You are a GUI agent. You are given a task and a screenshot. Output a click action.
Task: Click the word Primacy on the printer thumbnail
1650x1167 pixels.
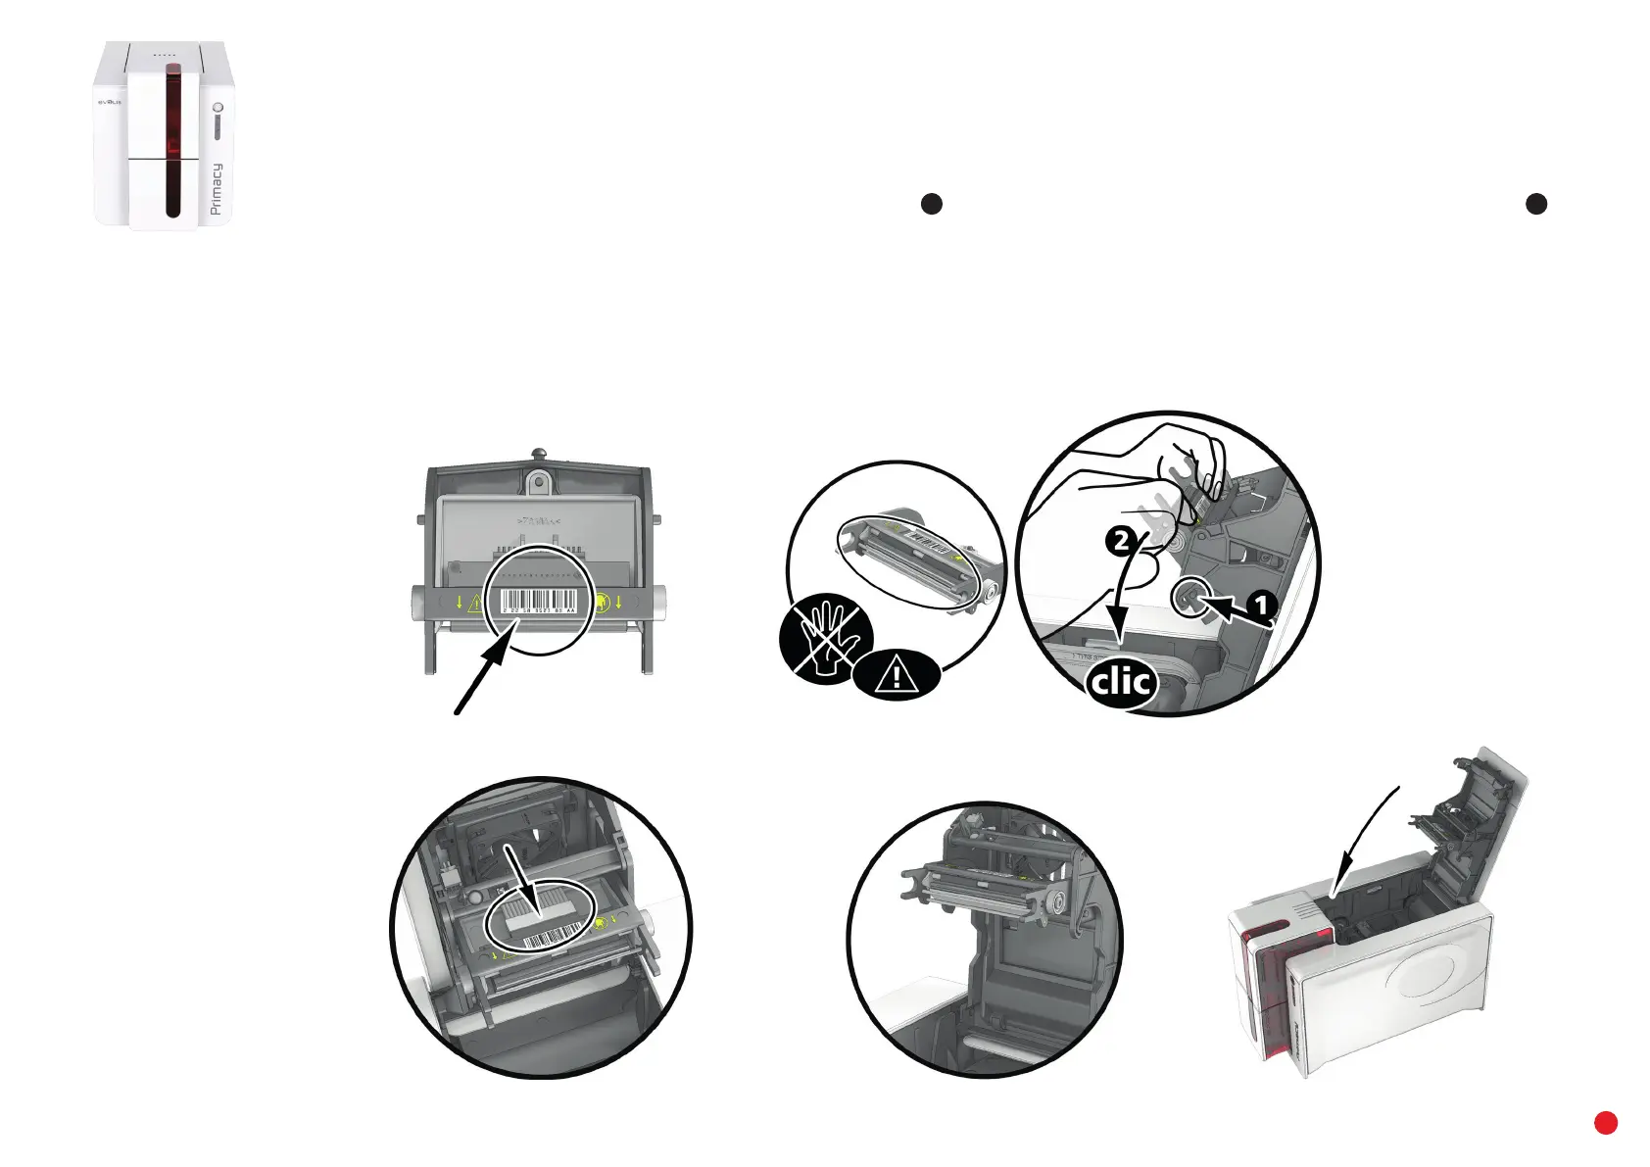point(217,188)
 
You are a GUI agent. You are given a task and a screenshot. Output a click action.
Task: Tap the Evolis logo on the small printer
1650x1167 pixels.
point(108,101)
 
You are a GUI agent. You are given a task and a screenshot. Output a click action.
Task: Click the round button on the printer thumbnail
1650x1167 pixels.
point(218,107)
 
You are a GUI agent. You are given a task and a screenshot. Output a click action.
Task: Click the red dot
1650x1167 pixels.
point(1605,1123)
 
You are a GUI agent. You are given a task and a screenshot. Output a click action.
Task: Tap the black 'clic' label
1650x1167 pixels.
point(1122,681)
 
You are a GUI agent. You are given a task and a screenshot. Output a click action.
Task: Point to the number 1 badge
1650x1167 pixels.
point(1262,606)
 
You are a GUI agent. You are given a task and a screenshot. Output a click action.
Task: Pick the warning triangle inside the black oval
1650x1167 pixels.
point(896,674)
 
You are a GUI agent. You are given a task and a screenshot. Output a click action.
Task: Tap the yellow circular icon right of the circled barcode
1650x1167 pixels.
point(602,602)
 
